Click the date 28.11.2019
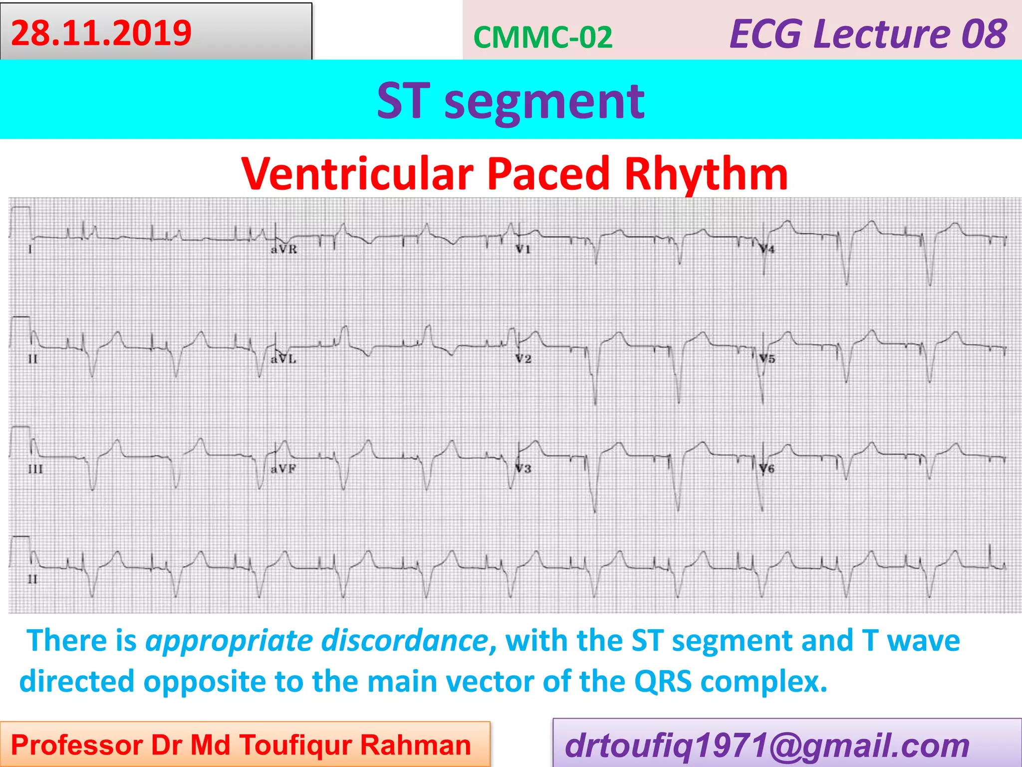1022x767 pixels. pos(101,33)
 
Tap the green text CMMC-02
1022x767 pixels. pos(542,37)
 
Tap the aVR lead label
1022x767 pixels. pos(283,249)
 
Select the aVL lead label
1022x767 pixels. pos(283,359)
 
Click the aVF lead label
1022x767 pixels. pos(283,469)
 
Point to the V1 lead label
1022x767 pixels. pos(523,249)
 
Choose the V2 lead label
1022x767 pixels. pos(523,359)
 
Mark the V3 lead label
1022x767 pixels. pos(523,469)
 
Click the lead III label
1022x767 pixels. pos(35,469)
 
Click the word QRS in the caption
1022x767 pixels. pos(663,681)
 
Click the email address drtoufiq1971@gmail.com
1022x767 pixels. pos(767,745)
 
